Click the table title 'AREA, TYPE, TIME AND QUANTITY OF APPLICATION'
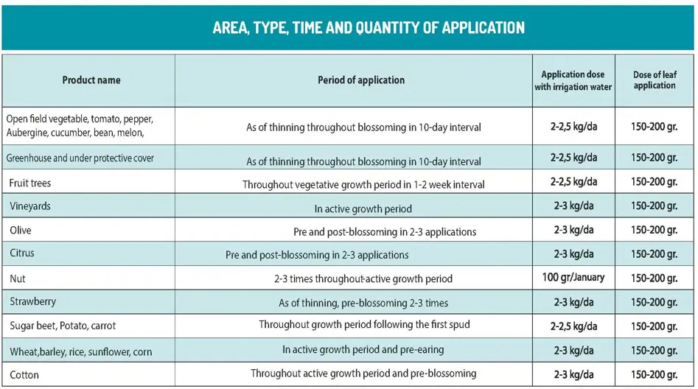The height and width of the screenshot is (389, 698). coord(369,28)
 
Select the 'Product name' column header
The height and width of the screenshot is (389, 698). coord(91,80)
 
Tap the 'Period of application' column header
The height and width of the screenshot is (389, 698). coord(361,80)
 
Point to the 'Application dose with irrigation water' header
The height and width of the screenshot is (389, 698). coord(573,80)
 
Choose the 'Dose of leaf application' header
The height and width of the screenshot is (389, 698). coord(655,80)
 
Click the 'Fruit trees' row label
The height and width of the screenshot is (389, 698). coord(30,182)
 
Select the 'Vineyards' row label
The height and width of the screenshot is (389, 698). coord(30,206)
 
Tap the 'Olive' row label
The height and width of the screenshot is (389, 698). coord(21,231)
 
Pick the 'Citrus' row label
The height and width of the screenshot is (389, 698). coord(22,253)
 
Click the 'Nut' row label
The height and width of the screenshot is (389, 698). coord(18,278)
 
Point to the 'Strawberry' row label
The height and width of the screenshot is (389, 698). coord(33,302)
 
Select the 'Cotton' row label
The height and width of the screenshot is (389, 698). coord(24,374)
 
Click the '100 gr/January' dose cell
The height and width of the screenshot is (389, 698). coord(573,277)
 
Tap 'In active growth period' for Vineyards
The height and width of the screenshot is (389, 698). coord(363,208)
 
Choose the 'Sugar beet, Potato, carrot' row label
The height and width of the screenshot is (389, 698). coord(63,326)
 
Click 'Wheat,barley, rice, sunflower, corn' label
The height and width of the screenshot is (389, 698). coord(81,351)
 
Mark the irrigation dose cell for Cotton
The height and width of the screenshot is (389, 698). coord(574,374)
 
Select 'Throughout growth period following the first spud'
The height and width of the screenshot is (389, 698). coord(364,325)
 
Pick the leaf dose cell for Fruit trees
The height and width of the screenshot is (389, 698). coord(654,181)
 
